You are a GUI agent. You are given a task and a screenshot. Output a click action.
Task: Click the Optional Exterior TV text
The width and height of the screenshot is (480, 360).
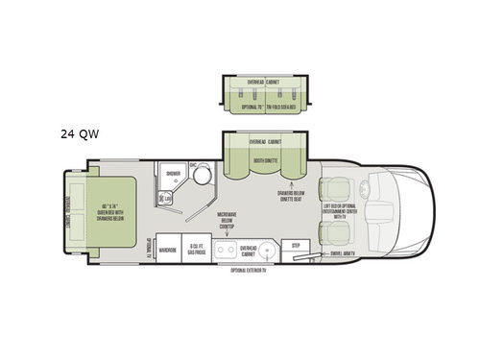(252, 271)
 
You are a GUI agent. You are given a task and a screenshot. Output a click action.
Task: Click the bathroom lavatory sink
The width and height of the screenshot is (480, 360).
(168, 199)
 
